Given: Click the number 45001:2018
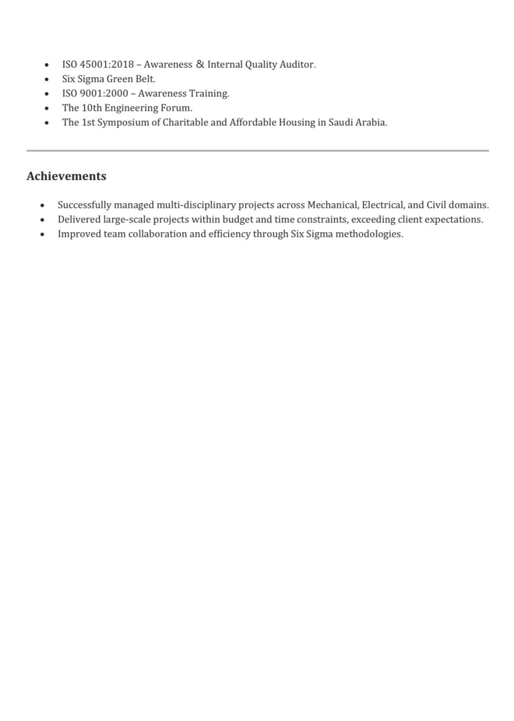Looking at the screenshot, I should (107, 65).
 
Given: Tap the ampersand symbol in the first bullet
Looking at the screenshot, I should (200, 64).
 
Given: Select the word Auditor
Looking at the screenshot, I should (298, 65).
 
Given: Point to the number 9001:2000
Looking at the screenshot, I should (104, 93).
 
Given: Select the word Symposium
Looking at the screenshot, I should (123, 123).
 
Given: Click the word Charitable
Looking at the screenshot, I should (185, 122).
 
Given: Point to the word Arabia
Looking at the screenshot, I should (371, 122).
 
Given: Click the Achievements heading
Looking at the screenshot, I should (66, 176).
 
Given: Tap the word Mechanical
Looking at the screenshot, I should (333, 205).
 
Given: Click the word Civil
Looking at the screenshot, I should (436, 205).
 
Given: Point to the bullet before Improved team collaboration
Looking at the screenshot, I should (43, 234).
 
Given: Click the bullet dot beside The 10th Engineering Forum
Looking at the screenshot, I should (47, 108).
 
